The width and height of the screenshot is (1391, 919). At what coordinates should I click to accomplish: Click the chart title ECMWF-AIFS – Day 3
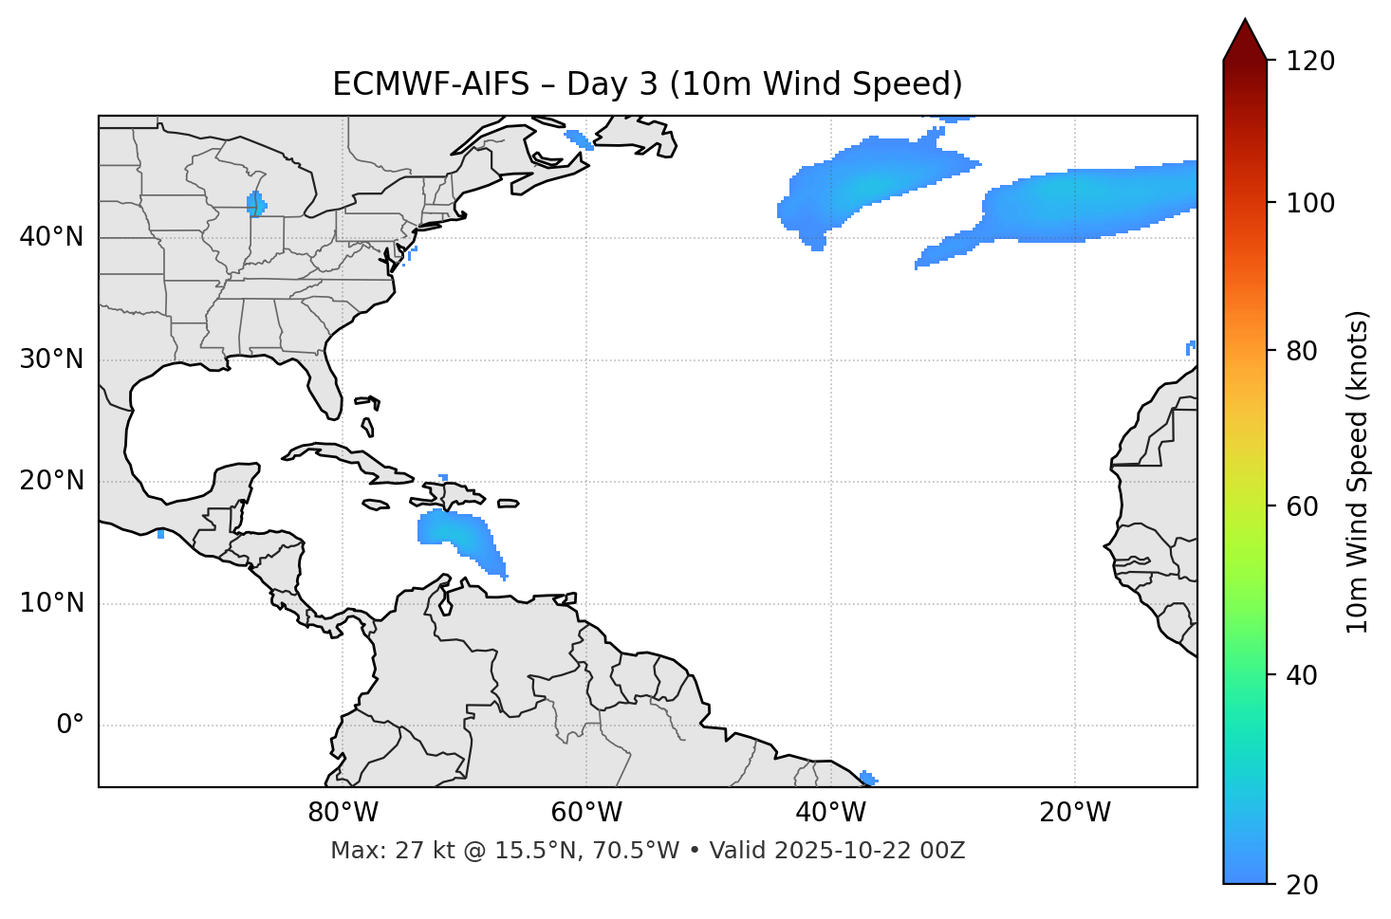pyautogui.click(x=647, y=84)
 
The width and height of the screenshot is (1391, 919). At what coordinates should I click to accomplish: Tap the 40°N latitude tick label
pyautogui.click(x=51, y=237)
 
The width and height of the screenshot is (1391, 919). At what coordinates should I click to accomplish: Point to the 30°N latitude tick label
pyautogui.click(x=51, y=359)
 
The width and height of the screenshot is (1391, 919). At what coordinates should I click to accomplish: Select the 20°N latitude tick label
pyautogui.click(x=51, y=481)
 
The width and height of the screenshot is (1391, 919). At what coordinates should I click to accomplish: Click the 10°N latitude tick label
pyautogui.click(x=51, y=603)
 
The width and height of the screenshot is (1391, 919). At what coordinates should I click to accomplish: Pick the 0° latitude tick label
pyautogui.click(x=69, y=726)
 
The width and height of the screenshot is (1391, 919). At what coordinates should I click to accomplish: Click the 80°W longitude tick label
pyautogui.click(x=343, y=813)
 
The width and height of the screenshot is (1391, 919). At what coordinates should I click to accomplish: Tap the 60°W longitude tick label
pyautogui.click(x=586, y=813)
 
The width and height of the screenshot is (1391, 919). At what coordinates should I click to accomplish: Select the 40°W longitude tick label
pyautogui.click(x=830, y=813)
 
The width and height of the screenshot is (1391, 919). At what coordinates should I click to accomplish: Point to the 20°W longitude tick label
pyautogui.click(x=1074, y=813)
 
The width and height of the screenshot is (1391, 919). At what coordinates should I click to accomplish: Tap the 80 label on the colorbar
pyautogui.click(x=1307, y=351)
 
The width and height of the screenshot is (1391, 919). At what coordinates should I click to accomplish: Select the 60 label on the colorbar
pyautogui.click(x=1307, y=506)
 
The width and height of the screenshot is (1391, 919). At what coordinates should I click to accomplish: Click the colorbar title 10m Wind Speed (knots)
pyautogui.click(x=1358, y=471)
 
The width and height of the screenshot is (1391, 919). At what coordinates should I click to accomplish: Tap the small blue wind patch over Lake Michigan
pyautogui.click(x=256, y=204)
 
